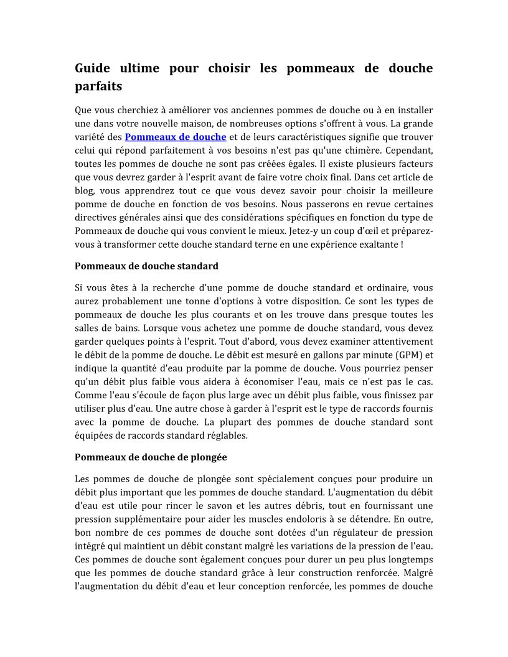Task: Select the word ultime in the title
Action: tap(143, 68)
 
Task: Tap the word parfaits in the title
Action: tap(98, 85)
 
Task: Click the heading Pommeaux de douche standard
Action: tap(146, 266)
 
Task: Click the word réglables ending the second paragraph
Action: tap(227, 436)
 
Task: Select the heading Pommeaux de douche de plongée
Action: tap(151, 457)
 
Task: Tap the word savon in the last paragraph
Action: tap(221, 506)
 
